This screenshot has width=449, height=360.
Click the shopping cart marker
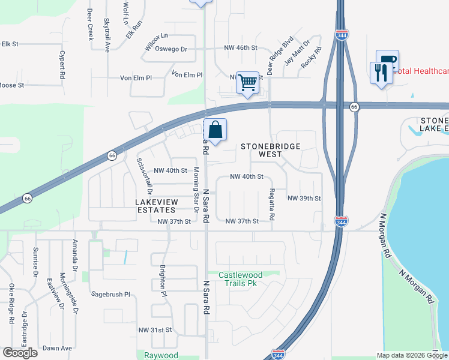(x=247, y=83)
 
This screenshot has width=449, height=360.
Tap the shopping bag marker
(x=215, y=130)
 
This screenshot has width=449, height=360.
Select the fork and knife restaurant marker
(x=381, y=73)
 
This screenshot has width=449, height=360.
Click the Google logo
(x=20, y=353)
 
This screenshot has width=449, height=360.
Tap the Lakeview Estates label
(x=156, y=206)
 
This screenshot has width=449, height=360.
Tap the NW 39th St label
(x=304, y=198)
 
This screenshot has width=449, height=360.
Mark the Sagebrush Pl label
(x=110, y=295)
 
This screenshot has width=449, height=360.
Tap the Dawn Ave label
(x=57, y=348)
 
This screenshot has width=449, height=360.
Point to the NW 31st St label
(x=155, y=330)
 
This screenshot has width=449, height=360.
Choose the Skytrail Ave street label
(x=107, y=35)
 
